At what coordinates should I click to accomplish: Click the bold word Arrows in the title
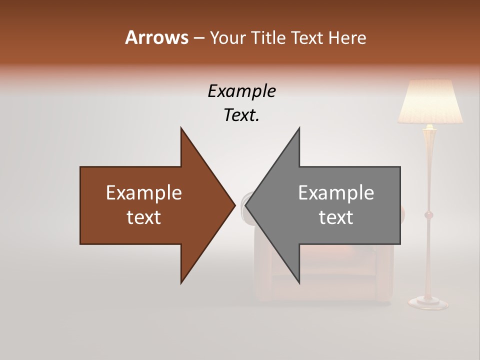156,37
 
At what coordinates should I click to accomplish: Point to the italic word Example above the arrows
242,91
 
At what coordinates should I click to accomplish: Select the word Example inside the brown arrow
144,193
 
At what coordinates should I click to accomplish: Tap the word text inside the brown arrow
144,217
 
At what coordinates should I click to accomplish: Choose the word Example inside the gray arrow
336,193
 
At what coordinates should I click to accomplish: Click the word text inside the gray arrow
336,217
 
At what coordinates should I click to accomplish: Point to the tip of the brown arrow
234,205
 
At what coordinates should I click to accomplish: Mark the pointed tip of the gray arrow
246,205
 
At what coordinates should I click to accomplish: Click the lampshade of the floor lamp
430,102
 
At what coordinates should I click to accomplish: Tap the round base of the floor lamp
428,301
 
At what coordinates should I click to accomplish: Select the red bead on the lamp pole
428,215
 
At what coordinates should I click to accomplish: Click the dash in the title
198,37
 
